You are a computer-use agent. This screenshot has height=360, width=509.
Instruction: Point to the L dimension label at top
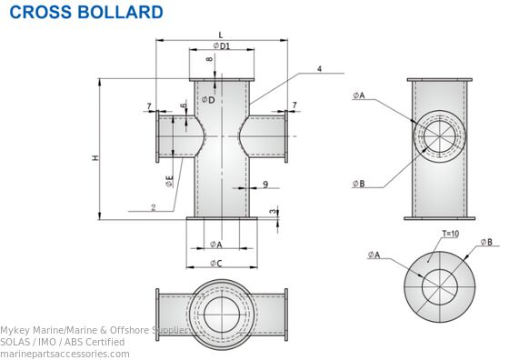pos(219,34)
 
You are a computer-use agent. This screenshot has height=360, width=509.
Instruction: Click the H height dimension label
pos(95,159)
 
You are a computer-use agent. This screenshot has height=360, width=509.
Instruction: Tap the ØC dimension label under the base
pos(217,264)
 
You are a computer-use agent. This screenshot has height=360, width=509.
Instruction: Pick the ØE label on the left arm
pos(170,180)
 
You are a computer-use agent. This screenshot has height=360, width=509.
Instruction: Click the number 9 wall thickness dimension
pos(264,185)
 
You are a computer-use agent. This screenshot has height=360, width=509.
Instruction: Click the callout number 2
pos(154,207)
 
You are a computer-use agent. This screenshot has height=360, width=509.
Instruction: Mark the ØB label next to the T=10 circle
pos(486,242)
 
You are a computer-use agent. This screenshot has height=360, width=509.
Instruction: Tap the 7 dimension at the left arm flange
pos(149,107)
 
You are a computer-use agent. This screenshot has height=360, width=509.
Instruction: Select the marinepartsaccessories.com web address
pos(65,354)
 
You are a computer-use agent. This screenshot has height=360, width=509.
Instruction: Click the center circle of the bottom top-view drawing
pos(222,315)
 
